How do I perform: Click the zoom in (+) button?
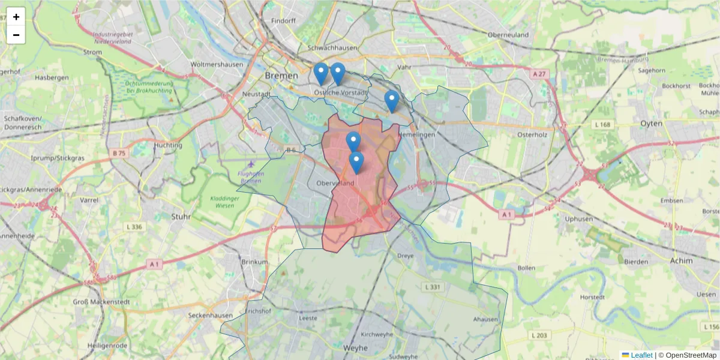16,17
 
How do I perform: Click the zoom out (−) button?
16,35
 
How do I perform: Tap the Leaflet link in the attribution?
641,355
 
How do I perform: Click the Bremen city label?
281,76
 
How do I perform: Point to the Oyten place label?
652,123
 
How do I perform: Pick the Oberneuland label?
508,35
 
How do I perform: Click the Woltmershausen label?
216,64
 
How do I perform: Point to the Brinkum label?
254,262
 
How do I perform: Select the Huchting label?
168,145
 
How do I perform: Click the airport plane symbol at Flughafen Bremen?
250,164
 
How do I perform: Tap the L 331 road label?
432,287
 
